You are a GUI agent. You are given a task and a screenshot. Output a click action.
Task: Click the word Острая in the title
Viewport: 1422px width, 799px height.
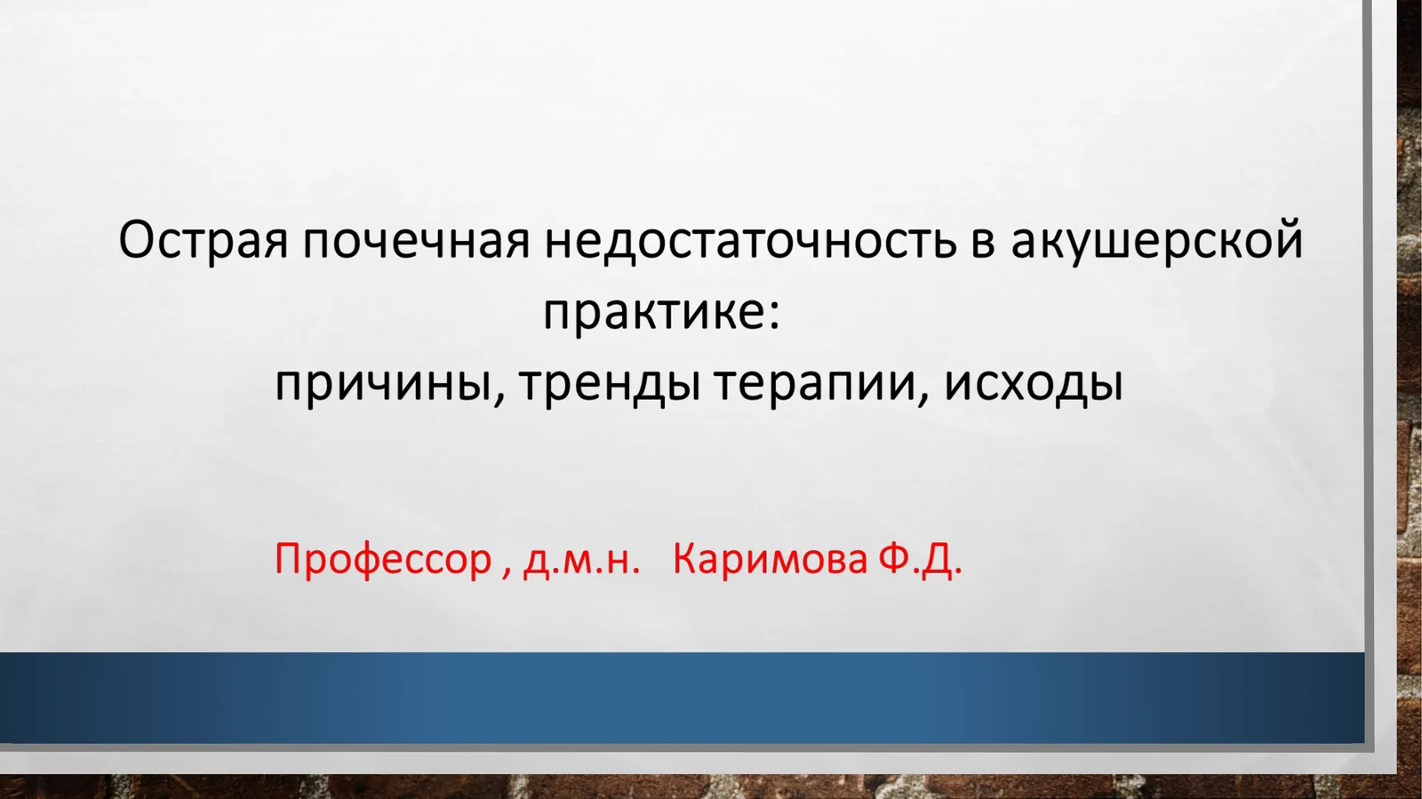[x=204, y=241]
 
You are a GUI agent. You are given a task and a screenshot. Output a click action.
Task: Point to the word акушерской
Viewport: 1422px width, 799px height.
[x=1156, y=241]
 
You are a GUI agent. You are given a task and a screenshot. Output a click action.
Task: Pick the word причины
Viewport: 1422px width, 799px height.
[x=382, y=384]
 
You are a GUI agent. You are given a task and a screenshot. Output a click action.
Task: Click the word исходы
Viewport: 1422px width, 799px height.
[x=1034, y=384]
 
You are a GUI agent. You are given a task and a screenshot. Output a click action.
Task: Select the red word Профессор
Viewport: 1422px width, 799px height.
[x=383, y=559]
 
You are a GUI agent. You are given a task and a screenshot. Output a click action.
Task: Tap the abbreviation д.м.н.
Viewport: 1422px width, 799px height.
[x=581, y=559]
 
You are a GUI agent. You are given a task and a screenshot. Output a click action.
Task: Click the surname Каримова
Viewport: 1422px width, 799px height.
[x=770, y=559]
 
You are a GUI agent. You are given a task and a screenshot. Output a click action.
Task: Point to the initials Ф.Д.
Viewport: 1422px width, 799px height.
[x=920, y=559]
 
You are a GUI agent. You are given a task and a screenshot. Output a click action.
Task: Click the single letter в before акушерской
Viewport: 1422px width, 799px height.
[x=982, y=243]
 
